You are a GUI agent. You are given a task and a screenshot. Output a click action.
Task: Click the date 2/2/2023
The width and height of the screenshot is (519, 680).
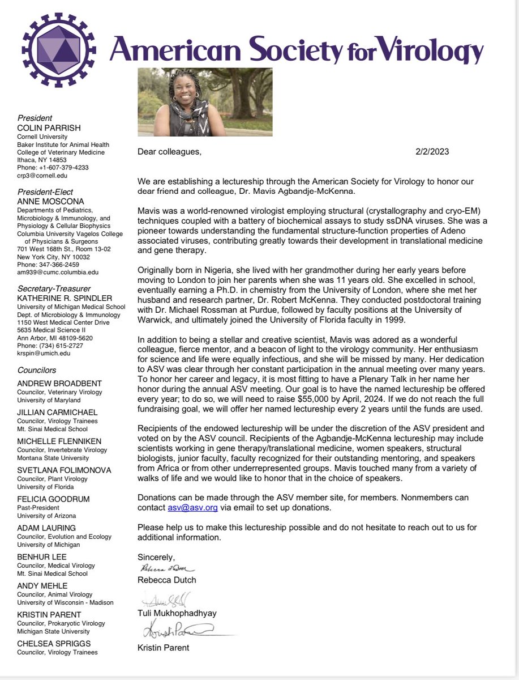click(x=432, y=152)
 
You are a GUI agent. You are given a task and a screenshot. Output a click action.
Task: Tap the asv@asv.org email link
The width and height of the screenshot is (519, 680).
click(x=192, y=508)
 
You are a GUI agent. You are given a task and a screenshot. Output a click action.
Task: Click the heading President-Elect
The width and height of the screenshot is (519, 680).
click(x=45, y=192)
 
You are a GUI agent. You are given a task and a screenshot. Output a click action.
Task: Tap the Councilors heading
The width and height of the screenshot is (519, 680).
click(x=37, y=370)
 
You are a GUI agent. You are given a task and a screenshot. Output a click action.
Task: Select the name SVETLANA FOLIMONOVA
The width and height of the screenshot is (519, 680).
click(x=63, y=470)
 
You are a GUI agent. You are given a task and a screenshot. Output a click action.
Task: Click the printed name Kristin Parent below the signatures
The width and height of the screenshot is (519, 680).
click(x=164, y=647)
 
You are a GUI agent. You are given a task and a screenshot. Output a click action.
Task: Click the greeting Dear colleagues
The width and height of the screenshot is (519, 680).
click(x=169, y=152)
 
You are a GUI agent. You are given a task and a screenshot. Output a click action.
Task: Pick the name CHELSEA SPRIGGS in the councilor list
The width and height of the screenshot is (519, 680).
click(x=54, y=644)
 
